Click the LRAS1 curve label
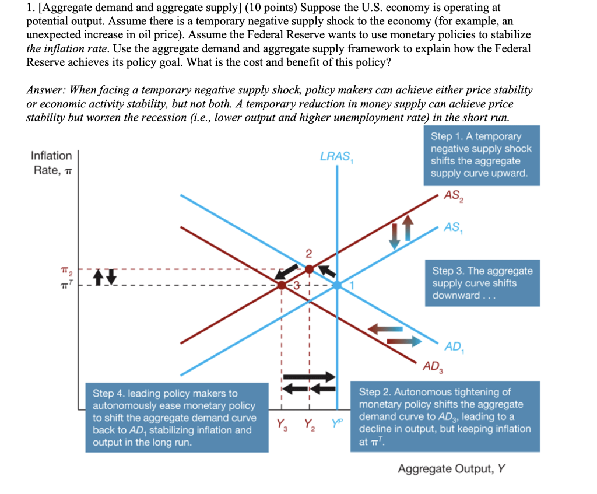pos(336,157)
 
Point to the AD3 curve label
pos(432,366)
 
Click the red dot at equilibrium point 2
pos(309,269)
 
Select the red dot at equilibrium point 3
pos(282,285)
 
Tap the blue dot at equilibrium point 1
pos(337,285)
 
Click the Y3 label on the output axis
pos(282,424)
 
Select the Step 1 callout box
pos(481,155)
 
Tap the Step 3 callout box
pos(482,283)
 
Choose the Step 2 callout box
pos(444,416)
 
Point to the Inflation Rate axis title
pos(51,162)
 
